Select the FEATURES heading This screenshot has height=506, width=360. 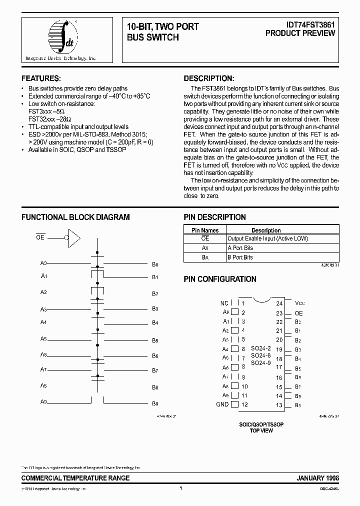click(41, 78)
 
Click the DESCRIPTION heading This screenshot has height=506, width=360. click(208, 78)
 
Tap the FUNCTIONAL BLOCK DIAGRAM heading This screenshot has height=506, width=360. click(75, 217)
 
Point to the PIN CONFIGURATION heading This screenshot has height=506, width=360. click(220, 279)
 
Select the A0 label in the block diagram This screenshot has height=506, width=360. click(43, 263)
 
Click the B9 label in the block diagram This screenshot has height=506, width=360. click(155, 403)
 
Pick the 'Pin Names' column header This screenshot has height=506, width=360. click(205, 230)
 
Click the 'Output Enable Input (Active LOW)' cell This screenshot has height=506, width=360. click(267, 239)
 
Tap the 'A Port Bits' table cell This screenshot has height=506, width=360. click(240, 248)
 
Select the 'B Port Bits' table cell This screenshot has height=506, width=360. click(240, 257)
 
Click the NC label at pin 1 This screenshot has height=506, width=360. click(224, 303)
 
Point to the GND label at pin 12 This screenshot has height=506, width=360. click(222, 404)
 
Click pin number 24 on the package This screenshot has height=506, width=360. click(279, 303)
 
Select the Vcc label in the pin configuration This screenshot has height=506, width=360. click(299, 303)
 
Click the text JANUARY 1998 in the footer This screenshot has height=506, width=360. click(318, 478)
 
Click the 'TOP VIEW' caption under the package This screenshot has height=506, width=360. click(261, 429)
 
